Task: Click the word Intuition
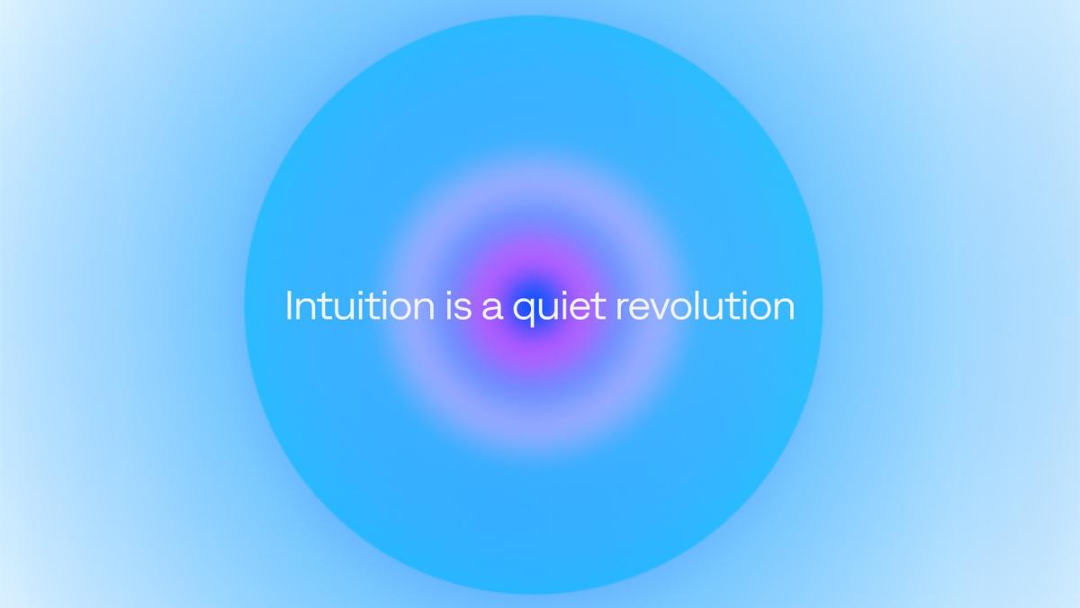[x=360, y=305]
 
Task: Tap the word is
[x=458, y=305]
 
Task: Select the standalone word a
[x=492, y=309]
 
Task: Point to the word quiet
[x=559, y=308]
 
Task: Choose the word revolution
[x=706, y=305]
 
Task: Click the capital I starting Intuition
[x=289, y=305]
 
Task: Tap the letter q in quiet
[x=524, y=313]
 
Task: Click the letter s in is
[x=463, y=309]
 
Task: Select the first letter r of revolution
[x=623, y=309]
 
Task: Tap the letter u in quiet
[x=548, y=310]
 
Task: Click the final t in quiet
[x=598, y=307]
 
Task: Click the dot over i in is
[x=449, y=293]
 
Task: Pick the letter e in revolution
[x=641, y=309]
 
